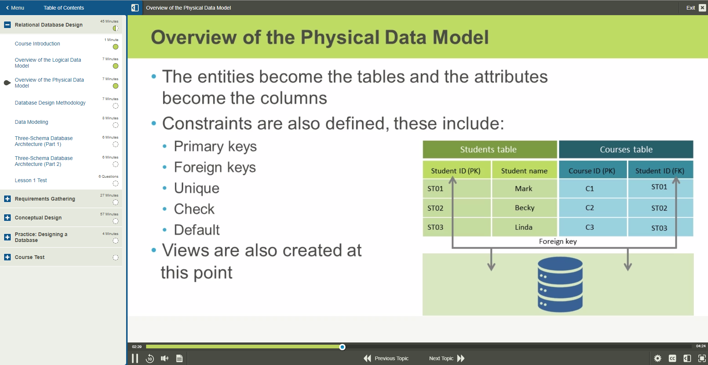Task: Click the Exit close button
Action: [x=702, y=8]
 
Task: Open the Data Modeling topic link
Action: [x=31, y=122]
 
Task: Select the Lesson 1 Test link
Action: [x=31, y=180]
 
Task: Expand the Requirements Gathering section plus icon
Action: [x=7, y=199]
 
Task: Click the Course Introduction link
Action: [x=37, y=44]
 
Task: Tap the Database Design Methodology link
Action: [x=50, y=103]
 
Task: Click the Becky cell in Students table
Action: [x=525, y=208]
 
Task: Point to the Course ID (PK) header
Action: [x=592, y=171]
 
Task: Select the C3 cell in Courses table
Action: [x=590, y=227]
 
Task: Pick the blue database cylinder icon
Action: [x=560, y=284]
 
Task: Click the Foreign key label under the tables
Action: [x=558, y=241]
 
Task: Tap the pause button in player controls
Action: [x=135, y=358]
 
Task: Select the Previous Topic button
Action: [x=386, y=358]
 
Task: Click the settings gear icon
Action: [x=658, y=358]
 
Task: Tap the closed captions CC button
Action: [x=672, y=358]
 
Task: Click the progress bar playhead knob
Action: [x=343, y=347]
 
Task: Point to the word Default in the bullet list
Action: [x=197, y=230]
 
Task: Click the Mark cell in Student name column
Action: [x=524, y=188]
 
